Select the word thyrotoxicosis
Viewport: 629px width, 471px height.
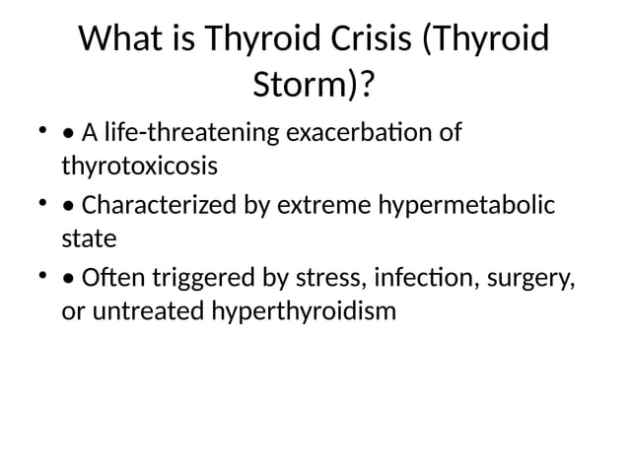pos(139,165)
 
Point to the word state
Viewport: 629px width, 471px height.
pos(89,238)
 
